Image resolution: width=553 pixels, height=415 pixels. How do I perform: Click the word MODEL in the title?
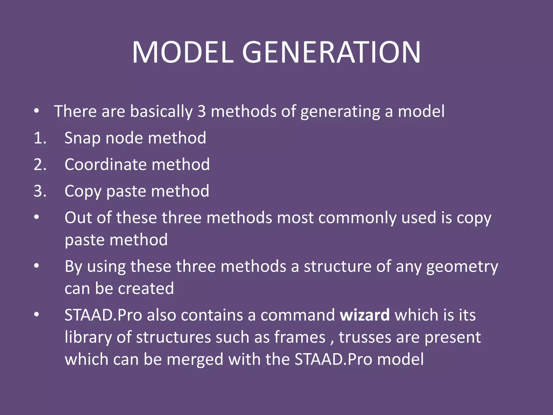click(x=183, y=52)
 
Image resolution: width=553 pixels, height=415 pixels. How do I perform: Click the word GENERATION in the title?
click(x=331, y=52)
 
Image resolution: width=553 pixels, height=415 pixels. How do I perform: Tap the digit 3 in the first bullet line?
click(x=201, y=111)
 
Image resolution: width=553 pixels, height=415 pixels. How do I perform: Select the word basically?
click(x=161, y=112)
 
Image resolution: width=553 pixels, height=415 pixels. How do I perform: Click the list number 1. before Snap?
click(x=40, y=138)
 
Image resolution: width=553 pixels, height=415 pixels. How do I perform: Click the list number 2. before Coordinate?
click(x=40, y=165)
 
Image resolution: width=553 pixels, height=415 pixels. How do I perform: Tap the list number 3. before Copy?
click(x=40, y=191)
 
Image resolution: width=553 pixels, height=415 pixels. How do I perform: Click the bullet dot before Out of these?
click(x=37, y=217)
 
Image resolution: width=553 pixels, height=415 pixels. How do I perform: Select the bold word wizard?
click(x=365, y=315)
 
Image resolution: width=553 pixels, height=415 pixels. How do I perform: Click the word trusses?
click(x=365, y=337)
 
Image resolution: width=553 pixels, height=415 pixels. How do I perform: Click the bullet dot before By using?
click(x=37, y=266)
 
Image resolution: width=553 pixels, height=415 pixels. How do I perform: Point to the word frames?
click(x=300, y=337)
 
